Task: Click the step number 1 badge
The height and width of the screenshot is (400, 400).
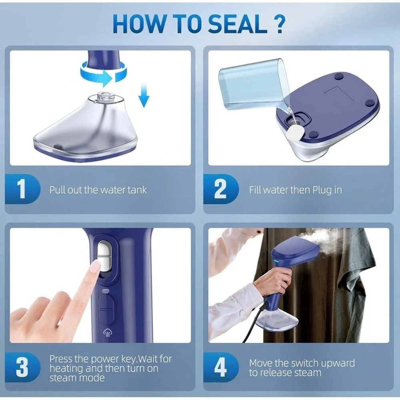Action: click(22, 189)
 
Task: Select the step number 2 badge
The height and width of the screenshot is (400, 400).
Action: click(221, 189)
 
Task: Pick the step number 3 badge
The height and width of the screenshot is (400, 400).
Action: click(22, 367)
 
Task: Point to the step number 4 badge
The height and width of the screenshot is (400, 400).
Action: click(221, 367)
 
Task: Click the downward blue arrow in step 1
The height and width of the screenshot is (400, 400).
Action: click(144, 96)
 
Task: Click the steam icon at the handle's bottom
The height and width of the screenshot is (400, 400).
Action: click(107, 333)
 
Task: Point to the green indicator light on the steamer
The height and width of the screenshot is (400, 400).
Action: click(276, 261)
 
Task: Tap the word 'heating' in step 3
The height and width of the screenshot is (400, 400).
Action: click(66, 369)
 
